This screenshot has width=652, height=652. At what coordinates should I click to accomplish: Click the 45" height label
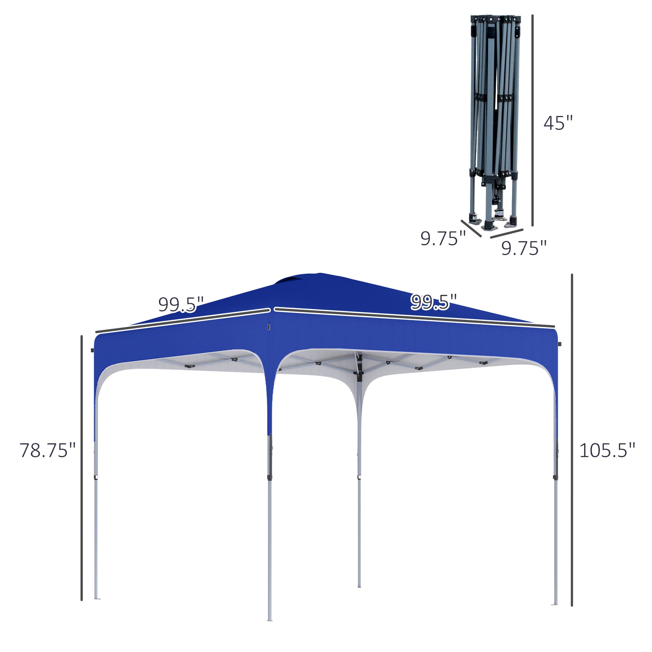point(558,123)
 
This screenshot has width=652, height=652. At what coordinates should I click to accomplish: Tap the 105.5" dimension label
point(607,451)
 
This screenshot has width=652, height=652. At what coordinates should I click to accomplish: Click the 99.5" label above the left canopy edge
point(181,305)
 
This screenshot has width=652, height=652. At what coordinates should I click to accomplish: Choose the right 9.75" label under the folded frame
point(523,248)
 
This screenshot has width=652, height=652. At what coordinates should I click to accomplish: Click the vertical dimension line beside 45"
point(532,120)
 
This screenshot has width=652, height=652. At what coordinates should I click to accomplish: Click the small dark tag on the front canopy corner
point(269,327)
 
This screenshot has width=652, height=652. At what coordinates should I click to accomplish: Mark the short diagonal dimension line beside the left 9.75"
point(471,229)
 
